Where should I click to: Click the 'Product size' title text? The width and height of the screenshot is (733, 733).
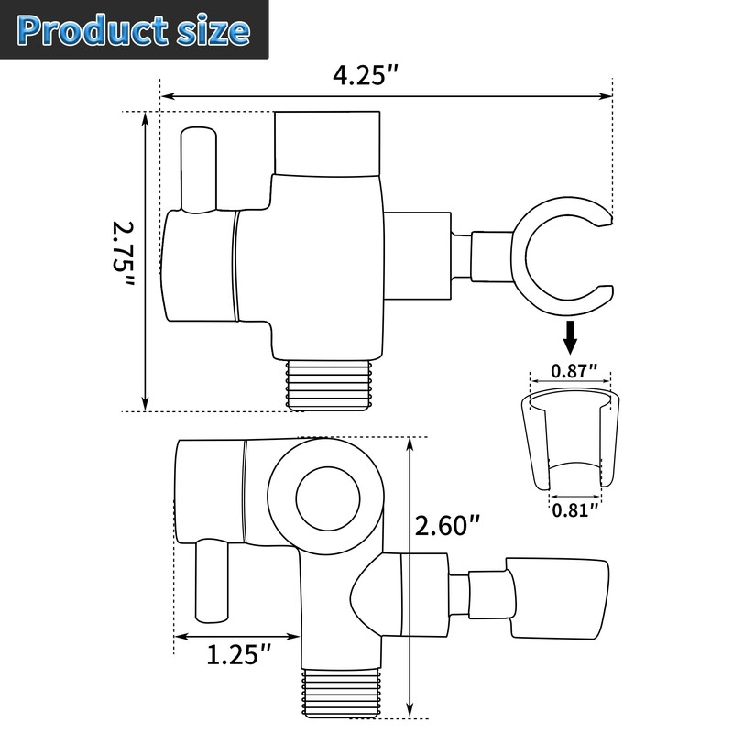tap(134, 30)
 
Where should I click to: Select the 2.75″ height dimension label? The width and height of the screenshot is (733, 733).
tap(122, 258)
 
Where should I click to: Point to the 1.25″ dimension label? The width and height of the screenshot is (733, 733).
tap(238, 655)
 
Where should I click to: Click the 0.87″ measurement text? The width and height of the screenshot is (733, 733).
tap(574, 371)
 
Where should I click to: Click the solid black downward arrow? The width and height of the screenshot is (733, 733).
tap(570, 338)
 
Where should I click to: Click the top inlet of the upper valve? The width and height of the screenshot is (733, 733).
tap(326, 141)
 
